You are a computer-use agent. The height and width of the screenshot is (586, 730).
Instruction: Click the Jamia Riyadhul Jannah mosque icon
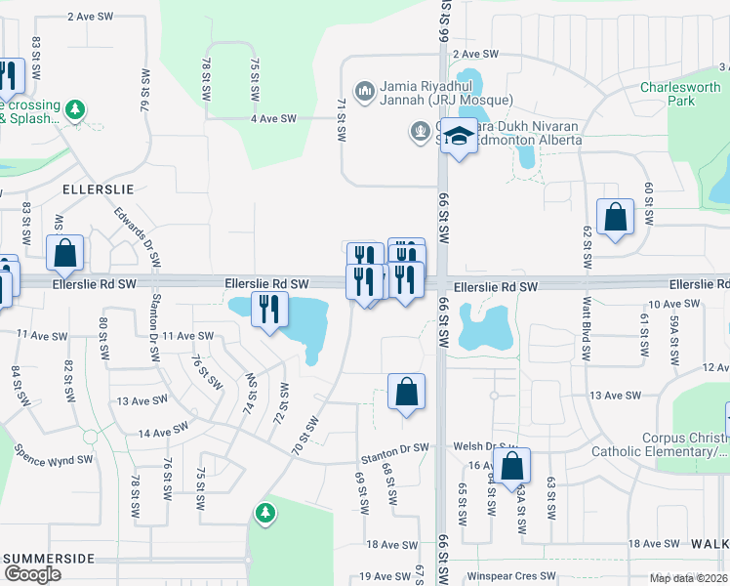click(365, 92)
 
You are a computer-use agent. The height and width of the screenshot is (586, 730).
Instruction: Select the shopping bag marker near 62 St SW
click(616, 218)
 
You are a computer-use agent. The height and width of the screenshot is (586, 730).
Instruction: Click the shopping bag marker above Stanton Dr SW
click(406, 393)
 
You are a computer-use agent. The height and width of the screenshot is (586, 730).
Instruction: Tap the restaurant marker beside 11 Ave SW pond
click(267, 310)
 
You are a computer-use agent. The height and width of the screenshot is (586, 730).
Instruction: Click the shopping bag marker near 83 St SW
click(64, 253)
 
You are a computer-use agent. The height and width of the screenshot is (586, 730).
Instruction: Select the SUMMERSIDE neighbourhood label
click(50, 558)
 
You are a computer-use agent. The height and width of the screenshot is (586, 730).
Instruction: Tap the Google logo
click(32, 573)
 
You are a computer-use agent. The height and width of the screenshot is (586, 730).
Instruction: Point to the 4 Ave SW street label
click(273, 118)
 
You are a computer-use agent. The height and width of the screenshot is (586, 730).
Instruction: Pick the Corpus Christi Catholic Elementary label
click(660, 445)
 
